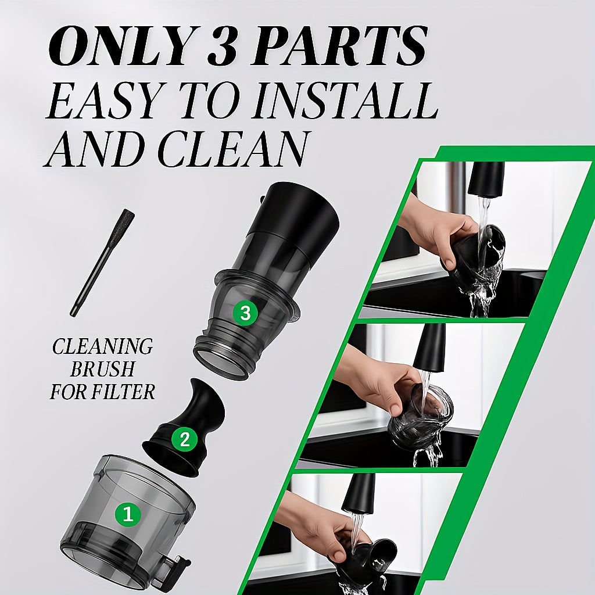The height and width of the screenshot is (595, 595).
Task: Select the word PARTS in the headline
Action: click(339, 46)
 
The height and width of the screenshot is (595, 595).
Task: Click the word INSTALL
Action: click(346, 100)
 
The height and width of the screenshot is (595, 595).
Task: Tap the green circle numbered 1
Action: click(128, 515)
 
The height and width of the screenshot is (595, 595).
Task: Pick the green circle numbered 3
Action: click(246, 313)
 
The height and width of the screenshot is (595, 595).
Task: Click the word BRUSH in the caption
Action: click(102, 369)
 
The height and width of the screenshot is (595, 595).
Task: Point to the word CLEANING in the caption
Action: click(102, 346)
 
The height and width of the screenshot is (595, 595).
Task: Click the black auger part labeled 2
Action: click(184, 427)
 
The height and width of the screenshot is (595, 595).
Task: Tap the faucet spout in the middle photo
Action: click(429, 348)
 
